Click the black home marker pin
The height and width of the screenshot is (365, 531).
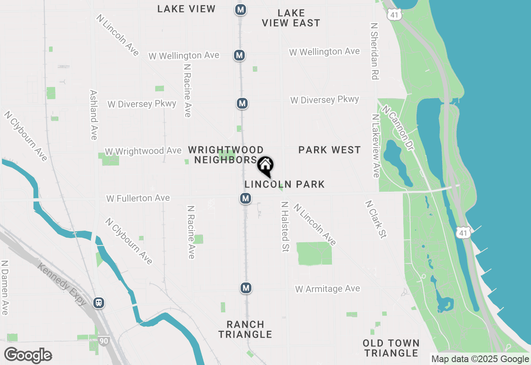[x=265, y=166]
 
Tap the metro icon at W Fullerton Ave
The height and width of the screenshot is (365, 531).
[x=246, y=198]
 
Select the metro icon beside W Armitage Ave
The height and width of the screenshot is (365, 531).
[x=246, y=287]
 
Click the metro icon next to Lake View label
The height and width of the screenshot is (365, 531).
[x=240, y=10]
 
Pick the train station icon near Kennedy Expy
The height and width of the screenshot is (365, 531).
[x=99, y=302]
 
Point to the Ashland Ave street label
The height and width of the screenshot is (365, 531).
[x=94, y=115]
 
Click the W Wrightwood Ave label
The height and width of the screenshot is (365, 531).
[x=143, y=151]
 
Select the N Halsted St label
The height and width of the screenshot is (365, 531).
[x=285, y=226]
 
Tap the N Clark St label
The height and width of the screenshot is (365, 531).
[x=376, y=219]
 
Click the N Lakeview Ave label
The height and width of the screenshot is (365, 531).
[x=376, y=146]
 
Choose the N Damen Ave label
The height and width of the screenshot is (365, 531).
[x=5, y=287]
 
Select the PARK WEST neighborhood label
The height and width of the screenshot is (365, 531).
[x=329, y=150]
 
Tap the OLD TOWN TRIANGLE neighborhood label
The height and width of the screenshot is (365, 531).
[x=391, y=348]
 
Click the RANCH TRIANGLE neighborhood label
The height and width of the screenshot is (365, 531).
[x=246, y=329]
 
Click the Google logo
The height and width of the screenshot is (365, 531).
[x=28, y=355]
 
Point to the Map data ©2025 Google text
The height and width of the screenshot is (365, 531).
[x=480, y=359]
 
